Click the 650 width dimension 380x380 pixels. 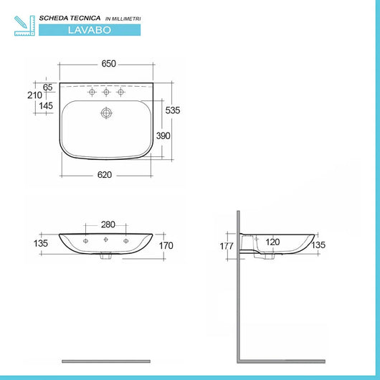[x=108, y=64]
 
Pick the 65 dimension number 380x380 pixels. [x=48, y=87]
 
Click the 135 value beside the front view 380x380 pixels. [x=40, y=243]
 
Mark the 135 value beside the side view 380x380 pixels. [x=319, y=245]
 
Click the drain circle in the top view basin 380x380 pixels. [x=107, y=113]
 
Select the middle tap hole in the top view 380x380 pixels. [x=107, y=92]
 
